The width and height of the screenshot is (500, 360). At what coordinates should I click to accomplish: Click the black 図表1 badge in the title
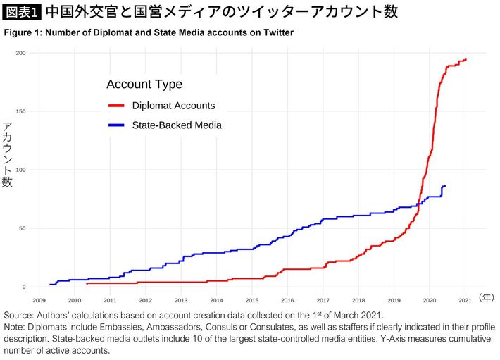coord(22,12)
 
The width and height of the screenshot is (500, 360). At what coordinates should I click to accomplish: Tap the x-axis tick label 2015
coord(252,299)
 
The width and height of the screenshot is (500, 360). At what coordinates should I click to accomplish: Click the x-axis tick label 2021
coord(465,299)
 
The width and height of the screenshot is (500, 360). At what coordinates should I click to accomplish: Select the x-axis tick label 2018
coord(358,299)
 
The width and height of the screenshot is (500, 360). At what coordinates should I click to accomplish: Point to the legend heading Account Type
coord(144,85)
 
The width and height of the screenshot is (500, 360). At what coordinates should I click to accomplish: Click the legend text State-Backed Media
coord(177,125)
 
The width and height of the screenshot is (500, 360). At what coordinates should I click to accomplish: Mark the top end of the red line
coord(466,60)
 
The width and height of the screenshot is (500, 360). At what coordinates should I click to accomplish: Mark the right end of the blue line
coord(445,186)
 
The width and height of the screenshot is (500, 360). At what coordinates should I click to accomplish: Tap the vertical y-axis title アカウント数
coord(8,158)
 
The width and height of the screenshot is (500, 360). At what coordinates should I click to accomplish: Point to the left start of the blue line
coord(50,285)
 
